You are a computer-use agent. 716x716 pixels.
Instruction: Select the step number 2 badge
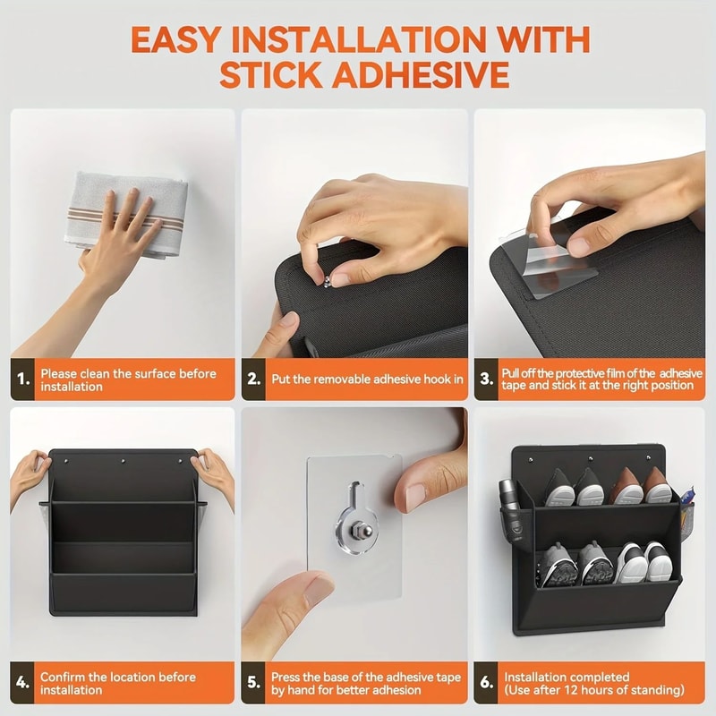255,379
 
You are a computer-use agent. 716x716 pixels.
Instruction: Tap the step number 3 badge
487,379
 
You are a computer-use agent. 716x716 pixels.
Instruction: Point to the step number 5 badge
255,684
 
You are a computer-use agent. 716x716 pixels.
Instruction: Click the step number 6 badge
487,684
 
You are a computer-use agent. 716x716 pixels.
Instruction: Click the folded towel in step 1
125,213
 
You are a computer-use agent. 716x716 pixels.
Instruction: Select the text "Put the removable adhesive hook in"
367,379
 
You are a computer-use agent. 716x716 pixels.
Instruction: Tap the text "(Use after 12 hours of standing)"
593,690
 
